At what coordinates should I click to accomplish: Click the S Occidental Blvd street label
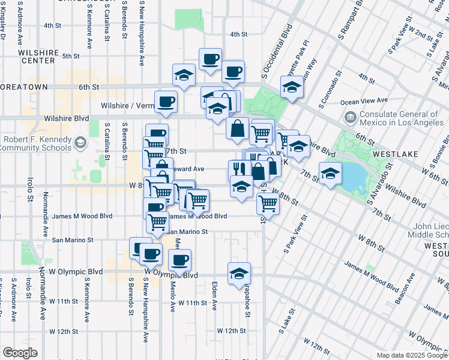pyautogui.click(x=276, y=52)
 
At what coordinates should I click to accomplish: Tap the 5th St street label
pyautogui.click(x=70, y=56)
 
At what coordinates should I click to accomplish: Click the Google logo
pyautogui.click(x=20, y=353)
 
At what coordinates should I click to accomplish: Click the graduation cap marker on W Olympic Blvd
pyautogui.click(x=239, y=273)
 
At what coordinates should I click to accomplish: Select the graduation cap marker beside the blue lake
pyautogui.click(x=330, y=173)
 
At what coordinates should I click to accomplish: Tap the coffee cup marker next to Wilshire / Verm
pyautogui.click(x=166, y=101)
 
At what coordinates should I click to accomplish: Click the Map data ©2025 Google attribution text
pyautogui.click(x=412, y=355)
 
